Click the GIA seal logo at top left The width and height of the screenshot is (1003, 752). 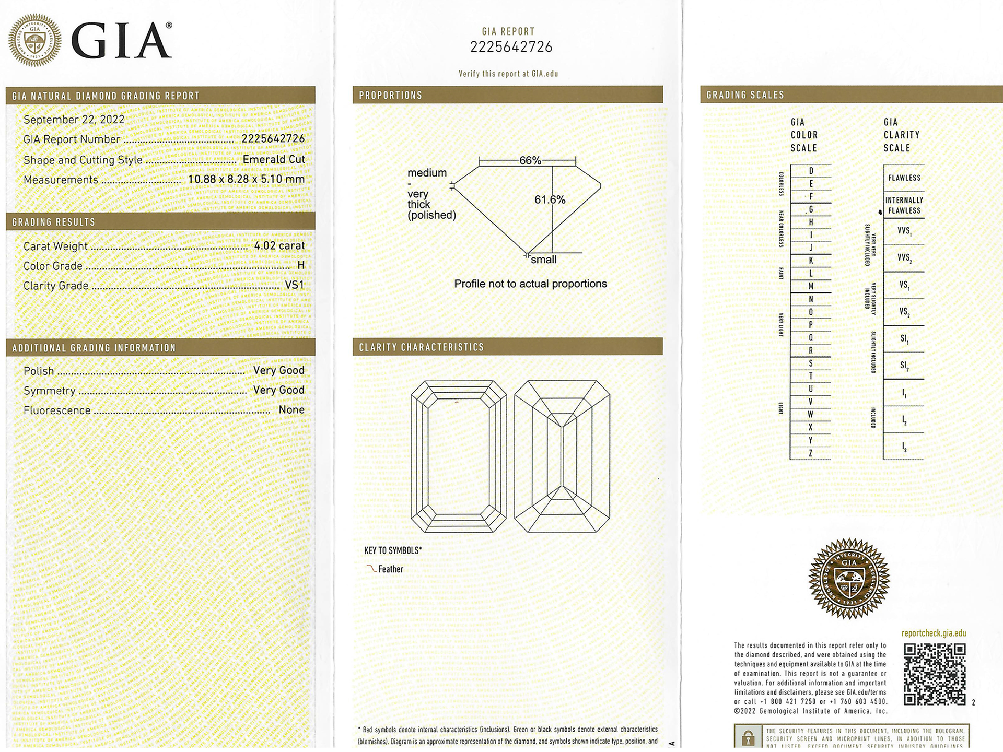pyautogui.click(x=35, y=40)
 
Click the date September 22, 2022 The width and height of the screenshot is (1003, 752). pyautogui.click(x=74, y=120)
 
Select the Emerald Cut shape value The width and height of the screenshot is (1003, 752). pyautogui.click(x=273, y=159)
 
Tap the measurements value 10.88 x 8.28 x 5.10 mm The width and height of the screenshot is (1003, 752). pyautogui.click(x=246, y=179)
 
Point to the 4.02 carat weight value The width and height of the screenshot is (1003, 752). pyautogui.click(x=279, y=245)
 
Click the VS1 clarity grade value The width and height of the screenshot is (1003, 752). pyautogui.click(x=294, y=285)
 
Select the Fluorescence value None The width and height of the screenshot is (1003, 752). pyautogui.click(x=291, y=410)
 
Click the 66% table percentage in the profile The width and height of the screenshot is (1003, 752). pyautogui.click(x=530, y=161)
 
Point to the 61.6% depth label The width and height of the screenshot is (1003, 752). pyautogui.click(x=550, y=200)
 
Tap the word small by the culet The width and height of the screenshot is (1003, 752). pyautogui.click(x=543, y=260)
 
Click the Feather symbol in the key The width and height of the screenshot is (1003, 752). pyautogui.click(x=372, y=569)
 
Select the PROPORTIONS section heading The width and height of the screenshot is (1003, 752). pyautogui.click(x=390, y=95)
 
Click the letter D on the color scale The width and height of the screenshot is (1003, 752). pyautogui.click(x=811, y=171)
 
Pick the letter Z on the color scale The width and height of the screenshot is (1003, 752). pyautogui.click(x=810, y=453)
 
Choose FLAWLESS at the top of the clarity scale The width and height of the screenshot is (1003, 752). pyautogui.click(x=904, y=178)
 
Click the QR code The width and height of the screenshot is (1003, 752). pyautogui.click(x=935, y=674)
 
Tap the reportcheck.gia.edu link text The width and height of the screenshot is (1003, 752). pyautogui.click(x=934, y=633)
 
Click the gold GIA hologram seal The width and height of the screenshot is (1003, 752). pyautogui.click(x=849, y=579)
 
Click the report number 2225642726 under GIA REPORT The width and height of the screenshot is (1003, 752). pyautogui.click(x=511, y=48)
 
